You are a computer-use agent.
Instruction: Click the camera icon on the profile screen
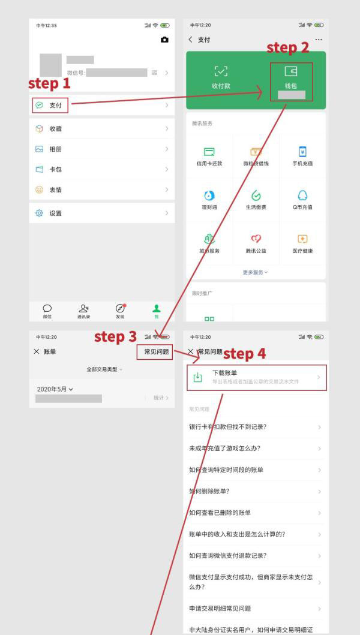coord(164,40)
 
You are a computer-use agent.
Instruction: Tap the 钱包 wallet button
coord(291,78)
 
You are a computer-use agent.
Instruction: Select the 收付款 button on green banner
coord(221,78)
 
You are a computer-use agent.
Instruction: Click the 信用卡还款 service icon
coord(209,157)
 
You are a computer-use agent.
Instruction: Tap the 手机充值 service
coord(302,157)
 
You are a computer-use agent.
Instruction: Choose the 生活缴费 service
coord(256,200)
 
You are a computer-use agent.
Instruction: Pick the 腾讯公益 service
coord(256,243)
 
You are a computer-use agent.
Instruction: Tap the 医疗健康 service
coord(302,243)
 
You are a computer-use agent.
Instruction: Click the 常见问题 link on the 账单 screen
coord(157,352)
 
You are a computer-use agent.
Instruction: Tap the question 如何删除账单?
coord(210,492)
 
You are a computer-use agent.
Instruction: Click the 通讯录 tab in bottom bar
coord(83,311)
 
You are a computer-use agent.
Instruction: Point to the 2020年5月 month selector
coord(55,389)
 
